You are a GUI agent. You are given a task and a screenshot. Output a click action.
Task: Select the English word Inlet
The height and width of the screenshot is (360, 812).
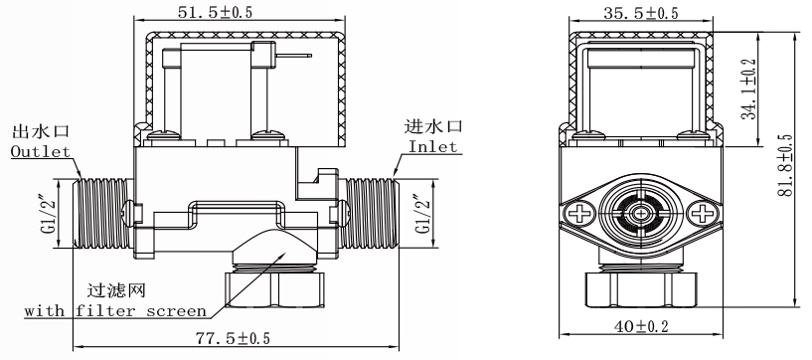coord(432,146)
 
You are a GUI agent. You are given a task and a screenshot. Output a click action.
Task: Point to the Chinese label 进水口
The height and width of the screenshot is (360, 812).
coord(433,126)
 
